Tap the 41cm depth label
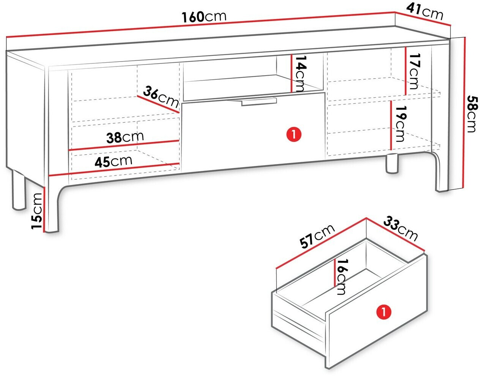coord(425,12)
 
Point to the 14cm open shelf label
coord(301,74)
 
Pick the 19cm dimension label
coord(400,124)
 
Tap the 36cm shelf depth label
coord(161,96)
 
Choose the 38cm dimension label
coord(125,137)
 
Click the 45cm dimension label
coord(113,161)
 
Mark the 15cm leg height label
coord(37,211)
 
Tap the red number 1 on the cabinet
coord(294,134)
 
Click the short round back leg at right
coord(392,164)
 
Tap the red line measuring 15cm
coord(44,209)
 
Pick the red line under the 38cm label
coord(124,145)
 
